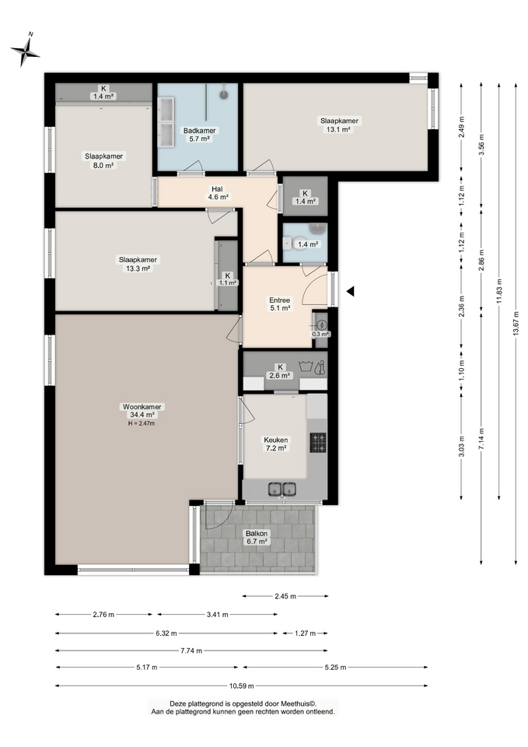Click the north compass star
[25, 51]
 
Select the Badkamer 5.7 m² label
[200, 135]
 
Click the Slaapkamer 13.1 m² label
[339, 124]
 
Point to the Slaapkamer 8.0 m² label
[103, 160]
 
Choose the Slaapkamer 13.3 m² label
[138, 264]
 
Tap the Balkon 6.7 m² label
[256, 538]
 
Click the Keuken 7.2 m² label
[276, 444]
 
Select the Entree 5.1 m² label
[279, 304]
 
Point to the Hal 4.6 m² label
[217, 193]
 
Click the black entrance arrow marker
[351, 291]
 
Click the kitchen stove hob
[318, 443]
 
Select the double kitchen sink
[281, 489]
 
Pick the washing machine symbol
[305, 366]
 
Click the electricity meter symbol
[322, 325]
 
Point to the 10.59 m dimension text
[241, 686]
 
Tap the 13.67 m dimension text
[516, 324]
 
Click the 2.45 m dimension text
[285, 596]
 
